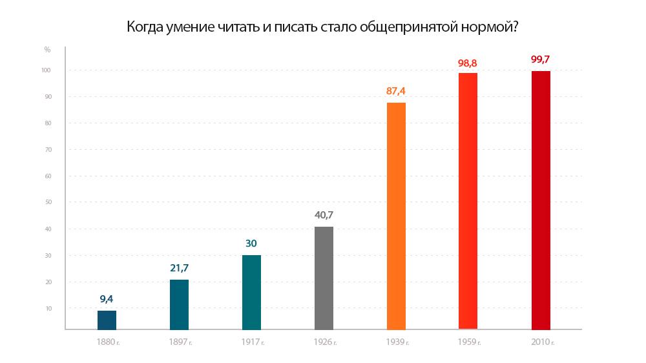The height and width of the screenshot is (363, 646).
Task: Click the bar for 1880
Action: [107, 320]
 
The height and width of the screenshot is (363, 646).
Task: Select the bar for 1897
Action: [179, 304]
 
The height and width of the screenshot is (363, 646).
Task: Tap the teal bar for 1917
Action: [251, 292]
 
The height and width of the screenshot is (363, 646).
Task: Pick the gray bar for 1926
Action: [324, 278]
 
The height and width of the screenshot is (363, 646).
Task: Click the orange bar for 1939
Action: [396, 216]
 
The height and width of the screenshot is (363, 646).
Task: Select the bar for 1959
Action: [468, 201]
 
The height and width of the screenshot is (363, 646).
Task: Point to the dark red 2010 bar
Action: [541, 200]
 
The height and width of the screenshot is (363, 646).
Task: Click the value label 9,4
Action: [107, 299]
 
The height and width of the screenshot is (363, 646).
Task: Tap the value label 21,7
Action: [179, 268]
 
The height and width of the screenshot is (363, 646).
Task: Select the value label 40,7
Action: [324, 215]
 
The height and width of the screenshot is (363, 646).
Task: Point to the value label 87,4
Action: [396, 91]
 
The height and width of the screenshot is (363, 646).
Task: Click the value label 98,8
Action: [468, 63]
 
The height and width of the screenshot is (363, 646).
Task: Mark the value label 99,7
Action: [541, 59]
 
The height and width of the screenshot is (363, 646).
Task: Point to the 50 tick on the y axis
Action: [48, 202]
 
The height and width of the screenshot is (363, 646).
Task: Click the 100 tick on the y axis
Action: [47, 70]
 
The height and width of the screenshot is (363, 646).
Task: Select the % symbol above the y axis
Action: [47, 49]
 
